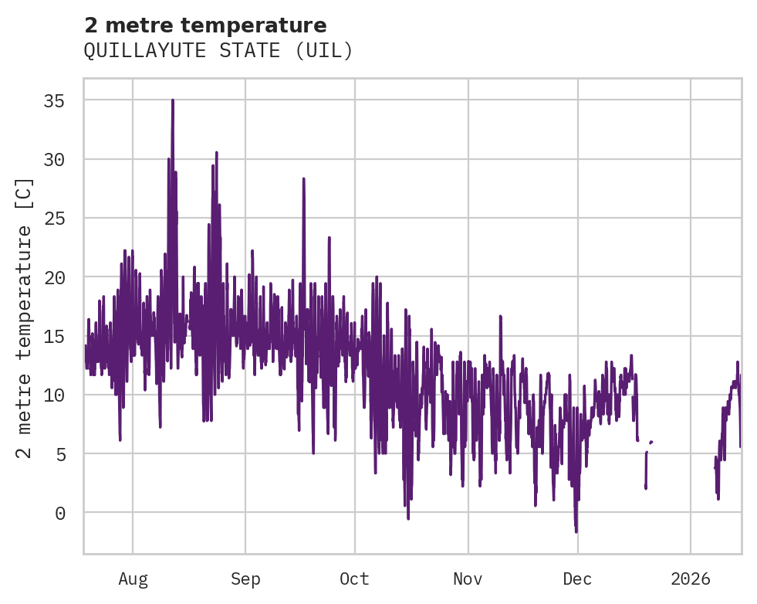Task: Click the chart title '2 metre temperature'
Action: point(205,25)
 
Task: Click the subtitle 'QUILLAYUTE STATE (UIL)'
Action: point(218,51)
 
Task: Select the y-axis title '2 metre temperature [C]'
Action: point(25,317)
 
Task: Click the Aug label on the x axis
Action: point(133,579)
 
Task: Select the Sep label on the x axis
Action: point(245,579)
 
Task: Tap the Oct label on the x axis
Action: point(355,579)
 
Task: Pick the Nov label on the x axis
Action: point(468,579)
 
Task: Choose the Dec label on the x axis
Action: point(577,579)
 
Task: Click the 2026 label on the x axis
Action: point(691,579)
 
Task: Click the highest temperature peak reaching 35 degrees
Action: point(173,100)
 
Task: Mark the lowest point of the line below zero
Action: point(576,531)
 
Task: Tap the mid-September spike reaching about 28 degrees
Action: point(304,179)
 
